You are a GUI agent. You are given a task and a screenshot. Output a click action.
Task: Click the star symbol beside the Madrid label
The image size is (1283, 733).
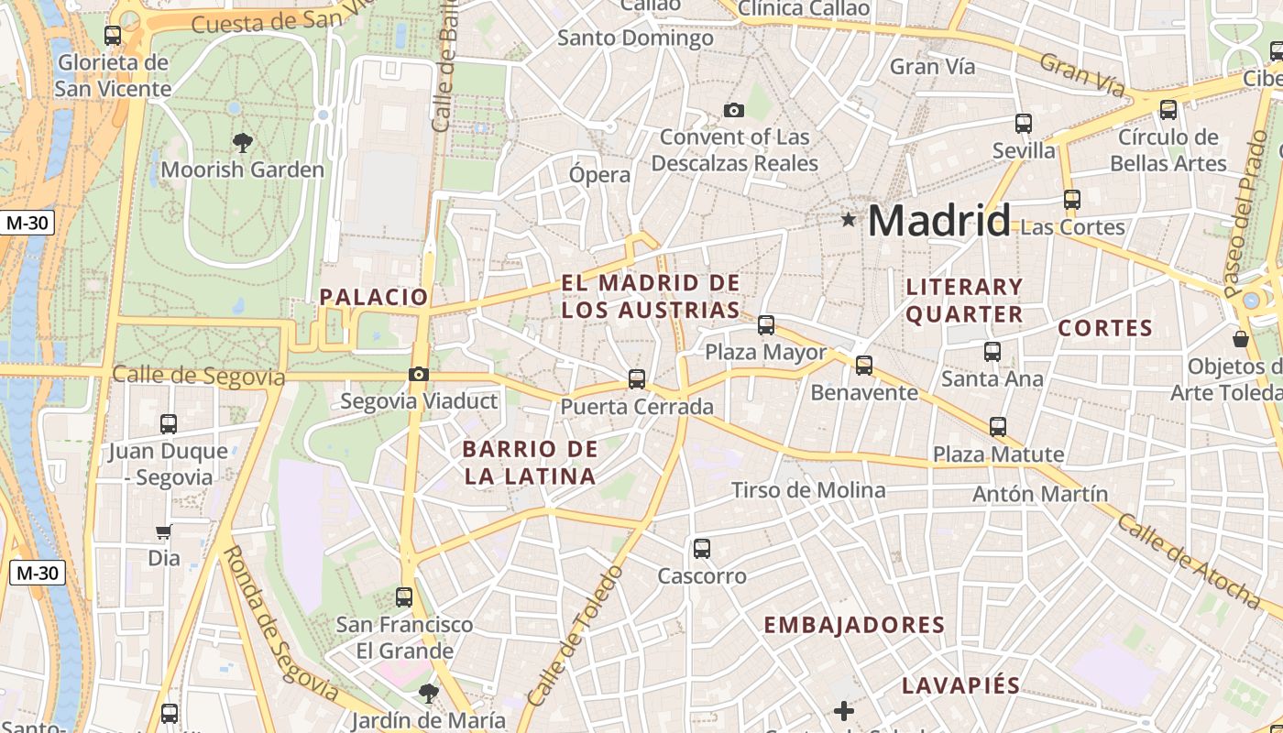[x=849, y=220]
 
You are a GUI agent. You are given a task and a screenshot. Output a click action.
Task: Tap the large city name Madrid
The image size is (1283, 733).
[x=938, y=221]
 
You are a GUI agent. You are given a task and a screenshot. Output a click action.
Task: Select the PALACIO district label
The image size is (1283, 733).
[x=374, y=297]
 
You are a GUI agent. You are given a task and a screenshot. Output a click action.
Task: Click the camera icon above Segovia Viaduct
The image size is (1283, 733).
[x=419, y=374]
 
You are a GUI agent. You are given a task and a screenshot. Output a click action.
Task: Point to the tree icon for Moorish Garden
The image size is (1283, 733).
[x=243, y=142]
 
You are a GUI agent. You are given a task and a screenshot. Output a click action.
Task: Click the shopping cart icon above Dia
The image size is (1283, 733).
[x=164, y=531]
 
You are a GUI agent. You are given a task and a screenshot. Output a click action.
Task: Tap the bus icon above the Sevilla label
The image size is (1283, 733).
[x=1024, y=123]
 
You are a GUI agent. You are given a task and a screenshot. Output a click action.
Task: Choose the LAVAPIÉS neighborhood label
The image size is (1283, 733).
[x=960, y=685]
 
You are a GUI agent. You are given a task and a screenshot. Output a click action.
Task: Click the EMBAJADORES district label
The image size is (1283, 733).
[x=854, y=625]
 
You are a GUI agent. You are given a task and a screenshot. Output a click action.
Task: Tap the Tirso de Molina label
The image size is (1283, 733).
[x=808, y=490]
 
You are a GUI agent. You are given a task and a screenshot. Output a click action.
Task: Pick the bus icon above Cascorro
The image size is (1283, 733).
[x=702, y=549]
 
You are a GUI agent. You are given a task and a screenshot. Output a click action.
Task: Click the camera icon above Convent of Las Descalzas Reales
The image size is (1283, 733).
[x=733, y=110]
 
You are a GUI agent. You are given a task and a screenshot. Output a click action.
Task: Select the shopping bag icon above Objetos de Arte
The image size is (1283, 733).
[x=1241, y=339]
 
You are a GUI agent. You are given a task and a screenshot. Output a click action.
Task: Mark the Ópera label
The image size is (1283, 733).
[x=599, y=174]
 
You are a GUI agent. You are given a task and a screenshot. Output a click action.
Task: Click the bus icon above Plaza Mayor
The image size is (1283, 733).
[x=766, y=325]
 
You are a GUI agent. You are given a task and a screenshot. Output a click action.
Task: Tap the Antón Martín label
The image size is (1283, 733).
[x=1040, y=494]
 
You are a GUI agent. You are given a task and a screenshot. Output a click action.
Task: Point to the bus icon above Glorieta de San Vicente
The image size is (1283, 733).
[x=113, y=36]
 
